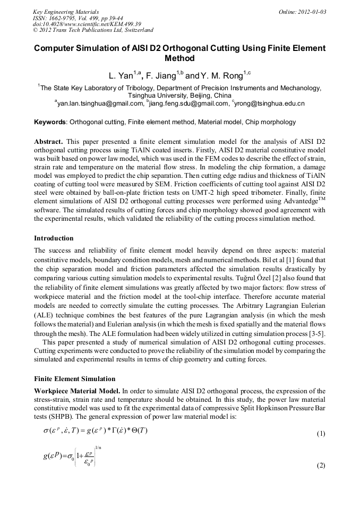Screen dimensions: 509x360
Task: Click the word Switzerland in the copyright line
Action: (x=134, y=30)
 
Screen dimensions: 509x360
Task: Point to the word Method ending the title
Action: (x=180, y=58)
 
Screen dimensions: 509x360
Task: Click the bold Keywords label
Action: (x=50, y=122)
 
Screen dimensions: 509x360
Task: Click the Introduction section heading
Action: (x=54, y=238)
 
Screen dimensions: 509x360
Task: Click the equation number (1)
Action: (x=321, y=434)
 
